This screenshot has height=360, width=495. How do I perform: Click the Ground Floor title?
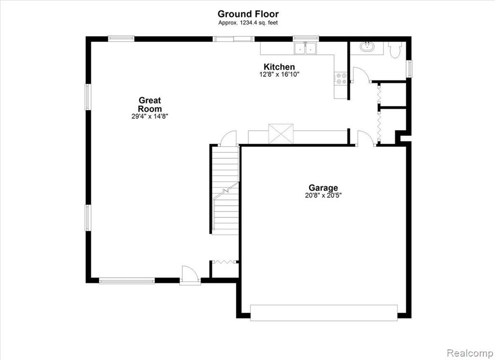pos(248,14)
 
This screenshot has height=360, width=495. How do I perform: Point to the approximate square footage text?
pos(248,23)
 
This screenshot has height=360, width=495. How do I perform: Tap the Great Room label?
pos(150,105)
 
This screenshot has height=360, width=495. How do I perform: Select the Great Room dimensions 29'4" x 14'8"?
pos(150,116)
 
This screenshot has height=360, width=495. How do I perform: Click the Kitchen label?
pos(279,67)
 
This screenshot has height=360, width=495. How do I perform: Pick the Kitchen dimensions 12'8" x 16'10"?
pos(279,75)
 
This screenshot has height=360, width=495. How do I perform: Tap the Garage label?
pos(323,188)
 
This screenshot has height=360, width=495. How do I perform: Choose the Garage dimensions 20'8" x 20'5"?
pos(323,195)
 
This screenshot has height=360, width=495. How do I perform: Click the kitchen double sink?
pos(306,48)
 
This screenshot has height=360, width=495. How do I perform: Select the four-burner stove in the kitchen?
pos(341,78)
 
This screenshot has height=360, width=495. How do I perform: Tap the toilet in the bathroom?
pos(394,50)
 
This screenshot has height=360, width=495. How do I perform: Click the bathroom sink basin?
pos(367,47)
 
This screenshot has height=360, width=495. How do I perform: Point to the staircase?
pos(225,190)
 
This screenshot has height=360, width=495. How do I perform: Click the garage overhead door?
pos(323,313)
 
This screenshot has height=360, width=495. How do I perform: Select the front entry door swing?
pos(190,274)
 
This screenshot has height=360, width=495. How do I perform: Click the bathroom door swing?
pos(361,75)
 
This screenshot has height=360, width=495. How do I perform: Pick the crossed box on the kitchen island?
pos(281,134)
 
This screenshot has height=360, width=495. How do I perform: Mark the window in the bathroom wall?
pos(410,69)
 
